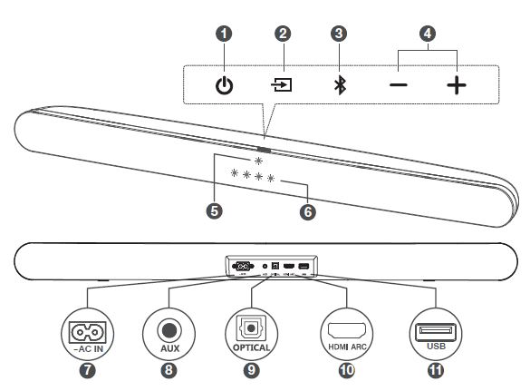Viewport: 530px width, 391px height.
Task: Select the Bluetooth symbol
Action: point(339,86)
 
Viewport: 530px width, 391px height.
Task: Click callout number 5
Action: point(215,210)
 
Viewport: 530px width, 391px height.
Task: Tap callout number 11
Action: point(436,369)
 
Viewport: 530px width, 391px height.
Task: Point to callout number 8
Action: point(169,369)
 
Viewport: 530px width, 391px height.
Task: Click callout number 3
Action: point(339,34)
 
